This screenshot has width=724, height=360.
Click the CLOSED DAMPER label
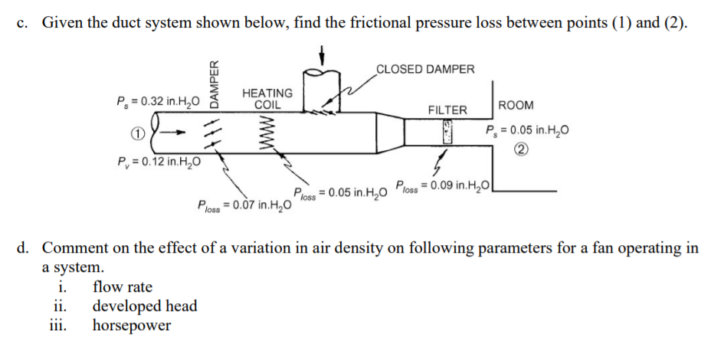[x=425, y=69]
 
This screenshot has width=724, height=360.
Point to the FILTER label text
[x=447, y=110]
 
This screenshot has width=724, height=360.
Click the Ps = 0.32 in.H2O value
[x=158, y=100]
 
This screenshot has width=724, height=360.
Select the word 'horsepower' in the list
[x=131, y=326]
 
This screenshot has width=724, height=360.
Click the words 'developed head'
[x=144, y=306]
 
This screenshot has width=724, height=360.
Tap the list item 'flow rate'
[x=122, y=287]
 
